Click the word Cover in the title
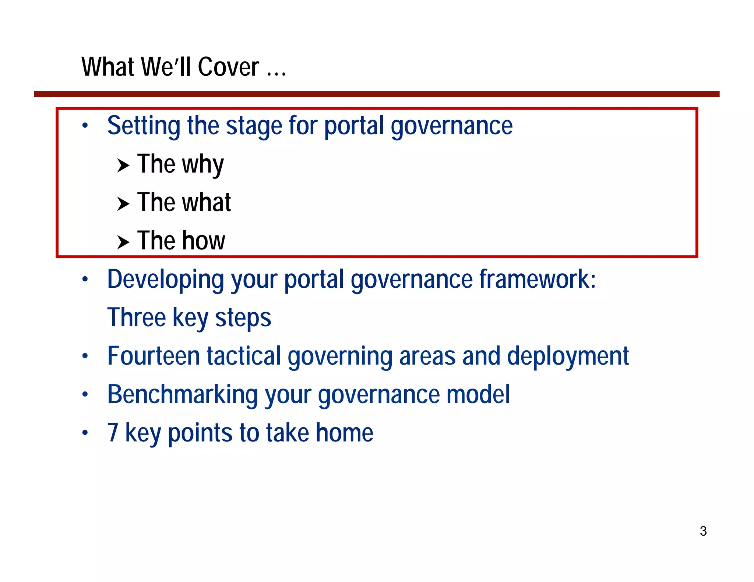pos(228,67)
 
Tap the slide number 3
pos(703,531)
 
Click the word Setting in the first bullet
pos(144,126)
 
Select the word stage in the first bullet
pos(254,126)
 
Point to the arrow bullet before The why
pos(123,166)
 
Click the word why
pos(203,164)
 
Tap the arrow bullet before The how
pos(123,242)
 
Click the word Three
pos(137,317)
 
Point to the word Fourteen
pos(154,356)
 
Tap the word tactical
pos(244,356)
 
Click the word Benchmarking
pos(183,395)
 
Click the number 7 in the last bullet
pos(113,433)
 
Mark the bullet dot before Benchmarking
pos(85,395)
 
